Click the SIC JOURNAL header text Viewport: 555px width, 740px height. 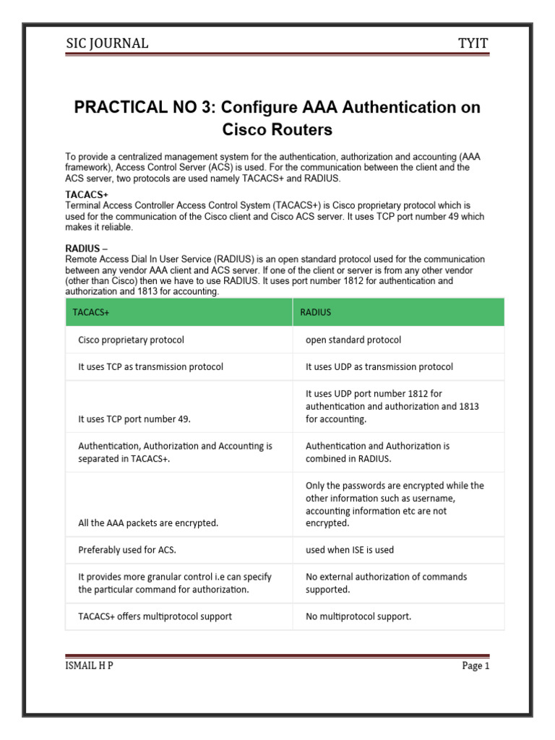(x=106, y=43)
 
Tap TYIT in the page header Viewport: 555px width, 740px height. (x=473, y=43)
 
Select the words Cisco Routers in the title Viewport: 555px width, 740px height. (x=277, y=130)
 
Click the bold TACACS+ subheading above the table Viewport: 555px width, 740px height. (x=87, y=195)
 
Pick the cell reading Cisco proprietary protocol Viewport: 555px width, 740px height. (x=131, y=340)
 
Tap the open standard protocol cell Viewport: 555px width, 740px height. (x=353, y=340)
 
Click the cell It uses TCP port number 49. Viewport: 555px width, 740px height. (x=134, y=418)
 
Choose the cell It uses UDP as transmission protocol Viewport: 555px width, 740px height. (x=379, y=366)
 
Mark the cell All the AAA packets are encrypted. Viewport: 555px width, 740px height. (x=148, y=522)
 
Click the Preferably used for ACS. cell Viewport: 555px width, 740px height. (x=127, y=550)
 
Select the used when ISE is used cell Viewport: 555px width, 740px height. (x=350, y=550)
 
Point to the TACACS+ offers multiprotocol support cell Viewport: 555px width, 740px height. (x=155, y=616)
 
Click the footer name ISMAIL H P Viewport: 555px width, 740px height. (x=89, y=666)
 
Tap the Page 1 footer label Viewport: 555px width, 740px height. (x=476, y=666)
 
